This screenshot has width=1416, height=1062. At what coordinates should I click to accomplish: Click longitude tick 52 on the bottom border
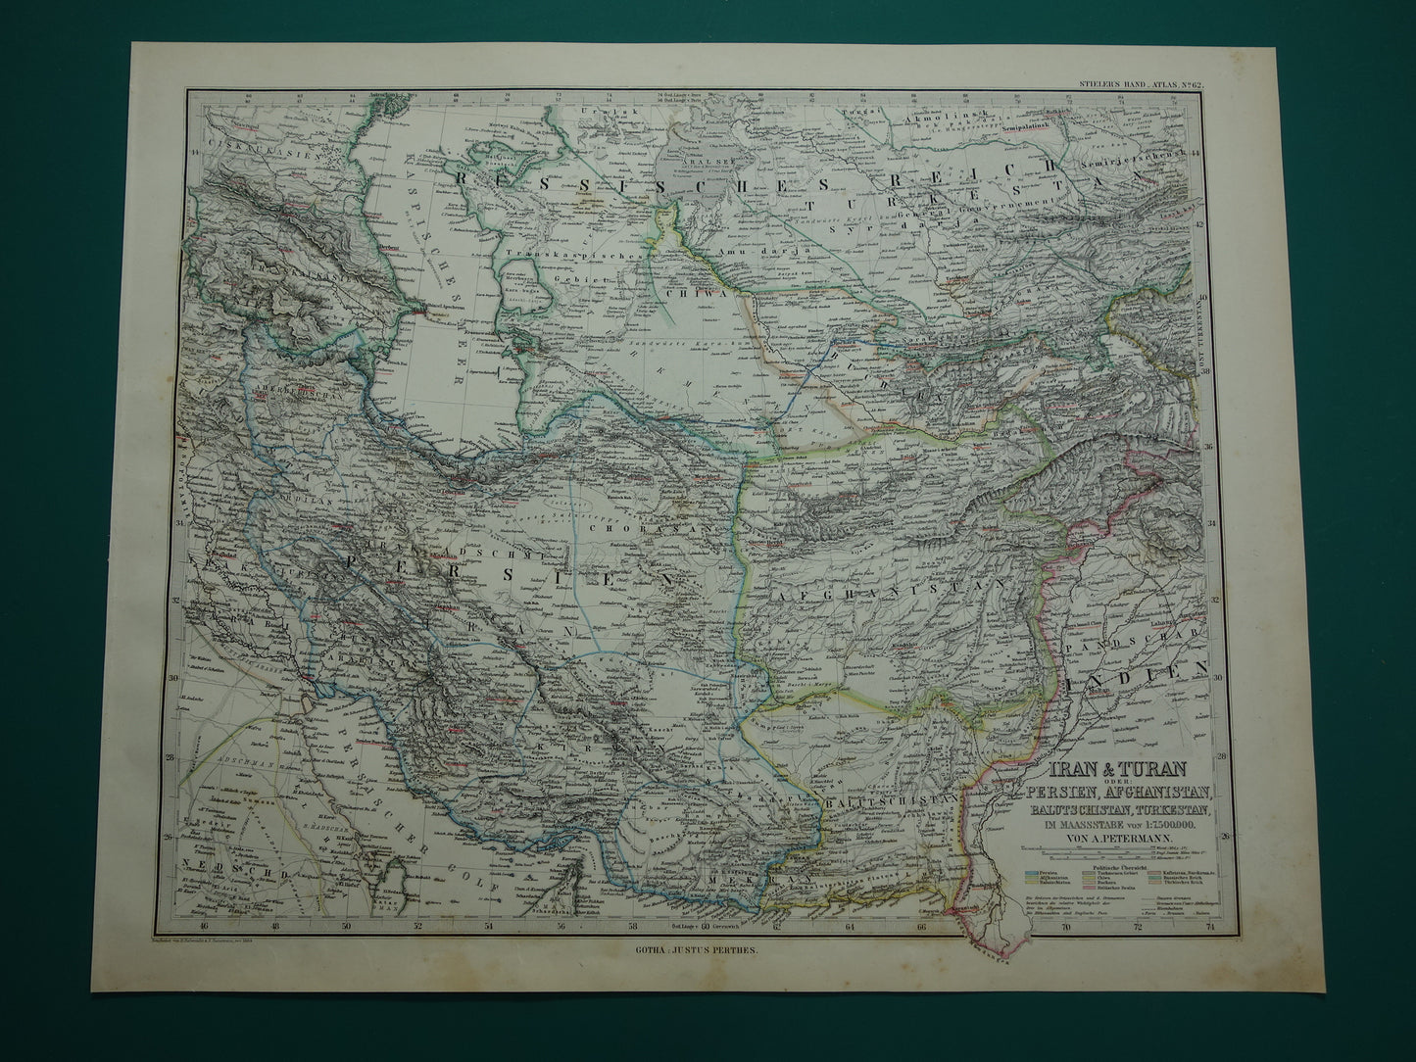418,950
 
